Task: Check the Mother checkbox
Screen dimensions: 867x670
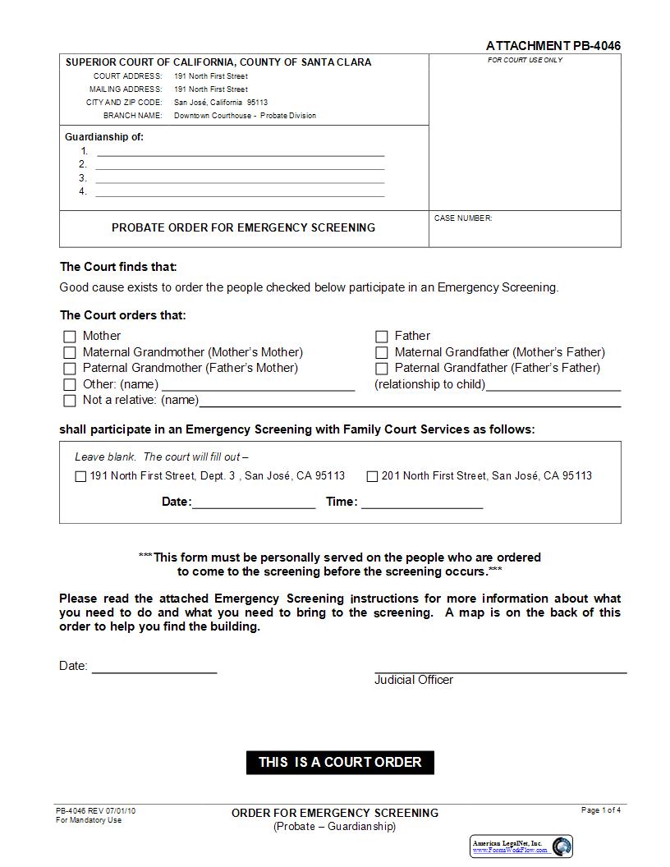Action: tap(70, 337)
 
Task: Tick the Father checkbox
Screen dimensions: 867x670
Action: tap(382, 337)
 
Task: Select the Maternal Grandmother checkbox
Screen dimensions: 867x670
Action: tap(70, 353)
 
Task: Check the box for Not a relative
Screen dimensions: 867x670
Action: tap(70, 401)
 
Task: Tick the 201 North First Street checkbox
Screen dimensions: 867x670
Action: tap(372, 476)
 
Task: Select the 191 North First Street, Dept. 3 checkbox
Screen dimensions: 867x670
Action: tap(80, 476)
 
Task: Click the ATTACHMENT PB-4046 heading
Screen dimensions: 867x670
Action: tap(553, 46)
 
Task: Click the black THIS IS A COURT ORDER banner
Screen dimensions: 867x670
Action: tap(340, 762)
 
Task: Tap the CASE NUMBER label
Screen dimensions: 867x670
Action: tap(463, 218)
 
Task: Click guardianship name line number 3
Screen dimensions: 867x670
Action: tap(240, 177)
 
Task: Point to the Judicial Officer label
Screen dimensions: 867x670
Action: tap(414, 680)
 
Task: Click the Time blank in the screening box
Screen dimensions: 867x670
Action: tap(422, 502)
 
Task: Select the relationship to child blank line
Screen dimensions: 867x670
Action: tap(553, 385)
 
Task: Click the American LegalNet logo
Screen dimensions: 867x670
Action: tap(521, 846)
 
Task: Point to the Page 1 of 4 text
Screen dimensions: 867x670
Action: tap(601, 810)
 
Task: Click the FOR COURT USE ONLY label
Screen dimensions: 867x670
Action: tap(525, 61)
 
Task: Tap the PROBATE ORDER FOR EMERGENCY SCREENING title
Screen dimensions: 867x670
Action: tap(243, 227)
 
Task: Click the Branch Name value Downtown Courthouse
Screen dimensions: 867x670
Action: tap(245, 116)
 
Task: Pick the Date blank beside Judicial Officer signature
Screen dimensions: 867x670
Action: tap(154, 666)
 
